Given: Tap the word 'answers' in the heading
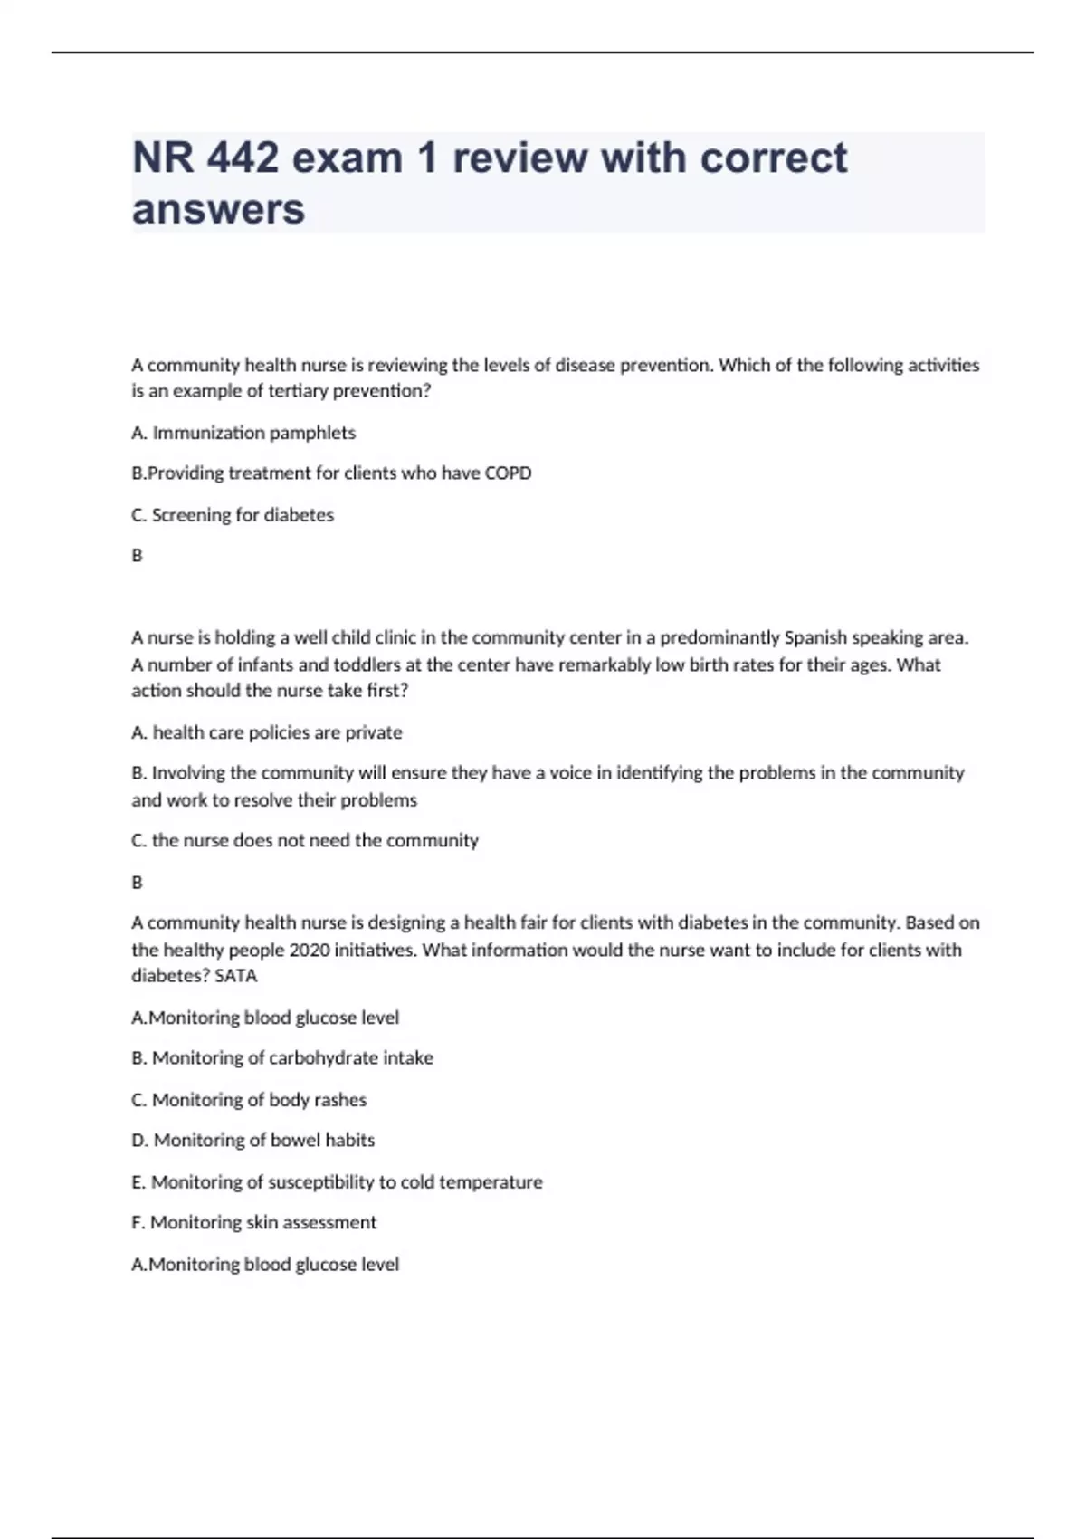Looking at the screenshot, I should [218, 209].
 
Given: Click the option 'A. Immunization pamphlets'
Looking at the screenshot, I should [243, 433].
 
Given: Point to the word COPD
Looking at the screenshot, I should [508, 473].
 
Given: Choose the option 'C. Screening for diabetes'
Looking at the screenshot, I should [233, 515].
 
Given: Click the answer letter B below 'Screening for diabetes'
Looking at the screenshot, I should [138, 556].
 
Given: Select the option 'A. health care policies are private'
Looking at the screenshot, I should [267, 732].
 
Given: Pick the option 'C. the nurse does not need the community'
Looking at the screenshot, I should [305, 841].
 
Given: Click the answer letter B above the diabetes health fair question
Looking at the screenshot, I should [138, 883].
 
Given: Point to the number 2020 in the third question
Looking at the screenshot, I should [309, 951].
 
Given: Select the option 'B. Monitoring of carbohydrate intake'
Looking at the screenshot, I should [282, 1058].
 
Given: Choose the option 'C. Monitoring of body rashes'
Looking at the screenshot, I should [249, 1100].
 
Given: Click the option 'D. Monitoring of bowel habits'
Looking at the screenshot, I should [253, 1141].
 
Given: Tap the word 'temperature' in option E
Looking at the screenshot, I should [491, 1182].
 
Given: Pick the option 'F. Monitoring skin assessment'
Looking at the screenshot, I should [254, 1223].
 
